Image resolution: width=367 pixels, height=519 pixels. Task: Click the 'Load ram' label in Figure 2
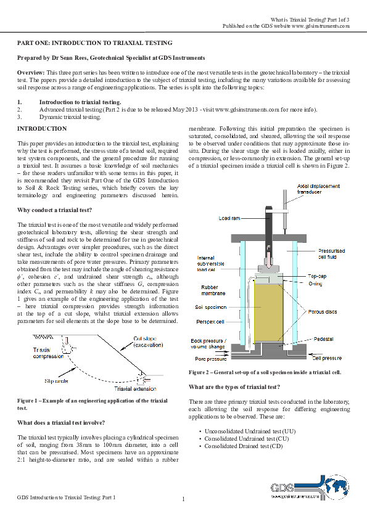click(x=231, y=218)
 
